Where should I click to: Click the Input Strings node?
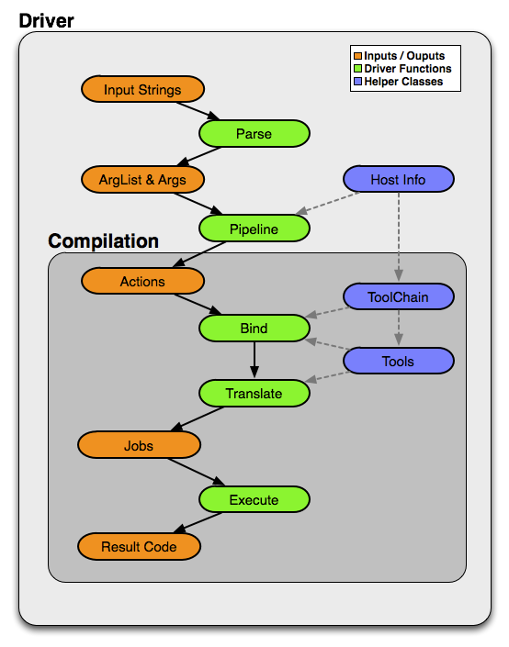pos(142,89)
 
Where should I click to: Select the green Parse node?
pos(254,134)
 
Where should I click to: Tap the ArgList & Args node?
pos(142,180)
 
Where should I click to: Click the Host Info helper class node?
pos(398,179)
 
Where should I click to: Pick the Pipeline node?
pos(254,229)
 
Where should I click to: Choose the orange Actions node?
pos(142,281)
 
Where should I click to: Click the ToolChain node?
pos(398,296)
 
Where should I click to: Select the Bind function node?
pos(254,329)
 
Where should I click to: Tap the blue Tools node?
pos(398,361)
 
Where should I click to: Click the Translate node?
pos(254,393)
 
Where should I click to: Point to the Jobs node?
pos(140,445)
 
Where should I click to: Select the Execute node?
pos(254,499)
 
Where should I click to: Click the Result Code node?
pos(140,547)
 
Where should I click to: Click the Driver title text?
pos(46,20)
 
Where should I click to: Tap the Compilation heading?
pos(103,241)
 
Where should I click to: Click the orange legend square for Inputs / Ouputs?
pos(357,56)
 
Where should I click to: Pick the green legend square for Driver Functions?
pos(357,69)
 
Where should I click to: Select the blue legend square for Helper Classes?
pos(357,82)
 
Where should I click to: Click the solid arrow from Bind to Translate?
pos(254,360)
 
